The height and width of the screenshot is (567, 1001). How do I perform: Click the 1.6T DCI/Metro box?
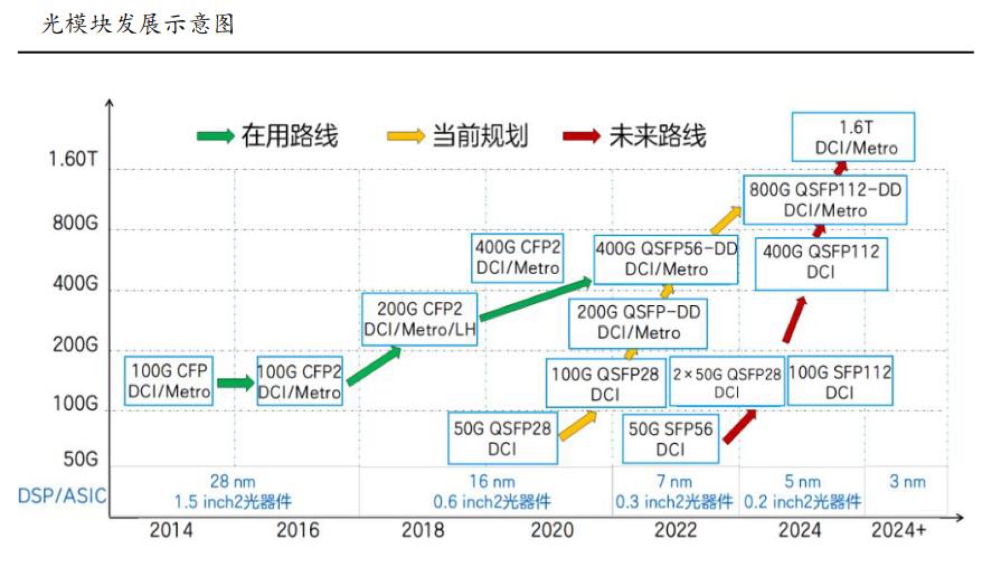tap(853, 137)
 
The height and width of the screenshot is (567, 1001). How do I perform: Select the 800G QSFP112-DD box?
tap(825, 200)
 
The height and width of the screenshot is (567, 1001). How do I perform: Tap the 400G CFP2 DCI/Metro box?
tap(518, 258)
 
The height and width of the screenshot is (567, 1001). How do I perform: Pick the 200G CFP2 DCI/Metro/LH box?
tap(419, 319)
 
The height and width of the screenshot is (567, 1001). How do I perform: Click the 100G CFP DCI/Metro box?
tap(169, 381)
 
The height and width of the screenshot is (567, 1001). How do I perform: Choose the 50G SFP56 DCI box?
tap(670, 438)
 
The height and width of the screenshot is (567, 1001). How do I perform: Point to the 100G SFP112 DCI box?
tap(840, 381)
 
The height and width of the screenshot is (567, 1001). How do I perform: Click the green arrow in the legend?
tap(215, 136)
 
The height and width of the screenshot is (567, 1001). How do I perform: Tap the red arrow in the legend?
tap(581, 136)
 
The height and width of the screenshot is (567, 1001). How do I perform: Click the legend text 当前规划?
tap(480, 136)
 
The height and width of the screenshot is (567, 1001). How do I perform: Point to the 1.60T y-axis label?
tap(73, 159)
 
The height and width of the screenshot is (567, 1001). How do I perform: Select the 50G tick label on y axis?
tap(80, 459)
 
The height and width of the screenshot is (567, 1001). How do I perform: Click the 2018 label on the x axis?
tap(423, 530)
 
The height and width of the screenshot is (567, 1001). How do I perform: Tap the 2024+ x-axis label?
tap(898, 530)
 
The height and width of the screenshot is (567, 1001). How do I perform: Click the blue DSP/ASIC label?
tap(62, 495)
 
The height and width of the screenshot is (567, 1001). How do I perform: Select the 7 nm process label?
tap(674, 481)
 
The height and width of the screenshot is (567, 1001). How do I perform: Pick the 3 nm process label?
tap(907, 481)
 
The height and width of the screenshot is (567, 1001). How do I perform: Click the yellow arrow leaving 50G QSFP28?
tap(578, 426)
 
